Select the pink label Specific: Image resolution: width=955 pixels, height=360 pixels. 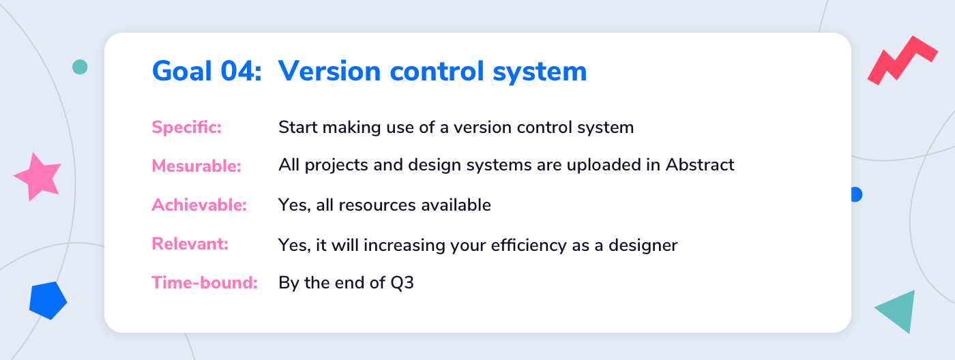(187, 127)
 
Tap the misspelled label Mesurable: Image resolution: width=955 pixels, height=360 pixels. (196, 166)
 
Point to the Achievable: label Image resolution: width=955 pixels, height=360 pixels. (199, 205)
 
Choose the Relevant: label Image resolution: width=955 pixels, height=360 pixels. (190, 243)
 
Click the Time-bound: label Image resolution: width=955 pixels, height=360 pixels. (205, 282)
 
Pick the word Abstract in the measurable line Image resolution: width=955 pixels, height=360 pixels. (700, 164)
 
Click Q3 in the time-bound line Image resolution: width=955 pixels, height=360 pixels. (402, 283)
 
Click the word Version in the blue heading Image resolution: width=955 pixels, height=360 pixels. (329, 71)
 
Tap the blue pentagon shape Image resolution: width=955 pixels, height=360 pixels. (48, 301)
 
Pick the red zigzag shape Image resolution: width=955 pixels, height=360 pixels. (902, 61)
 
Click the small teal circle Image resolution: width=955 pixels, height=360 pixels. (80, 67)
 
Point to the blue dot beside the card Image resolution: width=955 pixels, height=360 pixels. (857, 194)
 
